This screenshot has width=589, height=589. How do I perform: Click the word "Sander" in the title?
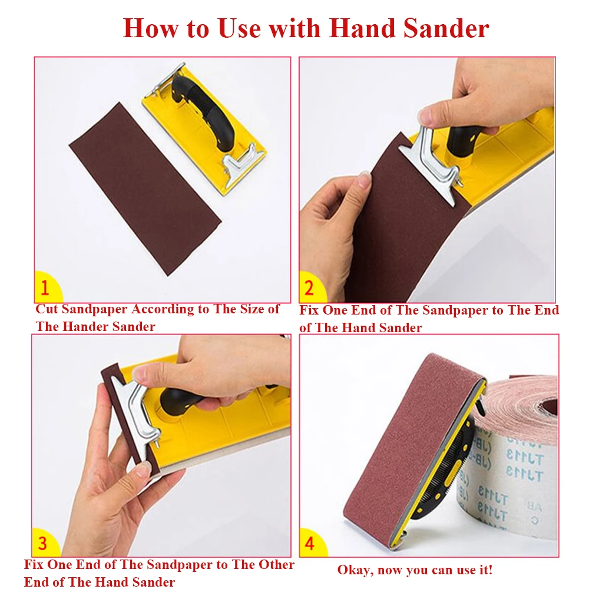point(446,28)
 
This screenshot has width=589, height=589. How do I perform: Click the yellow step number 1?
point(45,289)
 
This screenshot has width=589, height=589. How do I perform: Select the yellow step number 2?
point(309,288)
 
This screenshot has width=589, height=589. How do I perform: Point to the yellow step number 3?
point(42,543)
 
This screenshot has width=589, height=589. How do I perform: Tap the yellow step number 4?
point(310,543)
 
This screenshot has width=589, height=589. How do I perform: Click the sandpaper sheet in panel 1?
point(145,188)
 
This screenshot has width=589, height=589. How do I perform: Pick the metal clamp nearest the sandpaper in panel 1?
point(241,161)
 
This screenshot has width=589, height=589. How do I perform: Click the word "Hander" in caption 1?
point(84,326)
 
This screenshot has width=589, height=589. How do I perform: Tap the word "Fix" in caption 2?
point(309,310)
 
